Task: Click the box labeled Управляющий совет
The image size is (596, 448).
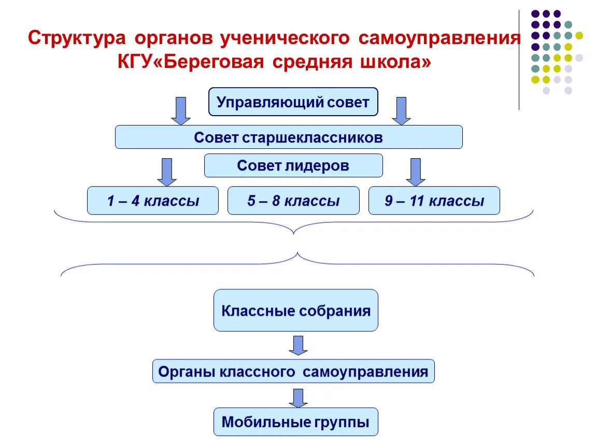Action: coord(293,102)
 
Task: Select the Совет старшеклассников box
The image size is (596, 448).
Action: coord(288,137)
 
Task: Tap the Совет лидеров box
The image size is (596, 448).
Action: coord(293,165)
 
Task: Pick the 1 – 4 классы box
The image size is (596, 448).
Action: coord(153,201)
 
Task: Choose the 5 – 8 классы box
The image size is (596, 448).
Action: coord(293,201)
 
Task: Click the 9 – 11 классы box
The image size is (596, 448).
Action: coord(434,201)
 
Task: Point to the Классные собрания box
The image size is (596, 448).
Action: coord(296,311)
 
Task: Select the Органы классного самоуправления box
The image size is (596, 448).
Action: coord(293,371)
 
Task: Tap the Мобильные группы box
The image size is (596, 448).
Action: coord(295,422)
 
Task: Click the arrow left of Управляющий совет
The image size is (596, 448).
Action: coord(181,110)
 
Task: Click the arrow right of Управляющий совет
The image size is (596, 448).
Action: coord(401,110)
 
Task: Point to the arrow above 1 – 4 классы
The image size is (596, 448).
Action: coord(167,172)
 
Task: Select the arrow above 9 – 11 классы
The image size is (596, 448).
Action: coord(415,172)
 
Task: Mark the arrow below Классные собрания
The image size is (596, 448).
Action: coord(298,345)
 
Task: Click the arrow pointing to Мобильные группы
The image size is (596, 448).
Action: coord(298,398)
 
